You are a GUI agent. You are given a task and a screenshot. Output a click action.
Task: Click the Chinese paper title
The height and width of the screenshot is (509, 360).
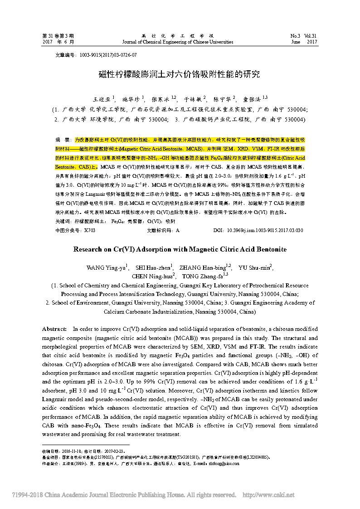pyautogui.click(x=180, y=74)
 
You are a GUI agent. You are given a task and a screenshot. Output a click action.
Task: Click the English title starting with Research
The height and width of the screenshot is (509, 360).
pyautogui.click(x=180, y=249)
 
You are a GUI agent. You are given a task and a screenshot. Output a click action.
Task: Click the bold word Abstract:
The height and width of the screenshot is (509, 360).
pyautogui.click(x=54, y=329)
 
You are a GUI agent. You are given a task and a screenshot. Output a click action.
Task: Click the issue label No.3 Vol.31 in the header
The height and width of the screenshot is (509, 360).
pyautogui.click(x=304, y=35)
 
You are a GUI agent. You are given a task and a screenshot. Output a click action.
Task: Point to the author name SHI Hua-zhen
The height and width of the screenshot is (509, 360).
pyautogui.click(x=154, y=267)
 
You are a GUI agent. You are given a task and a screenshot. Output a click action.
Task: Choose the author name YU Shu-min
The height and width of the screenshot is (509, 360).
pyautogui.click(x=255, y=267)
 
